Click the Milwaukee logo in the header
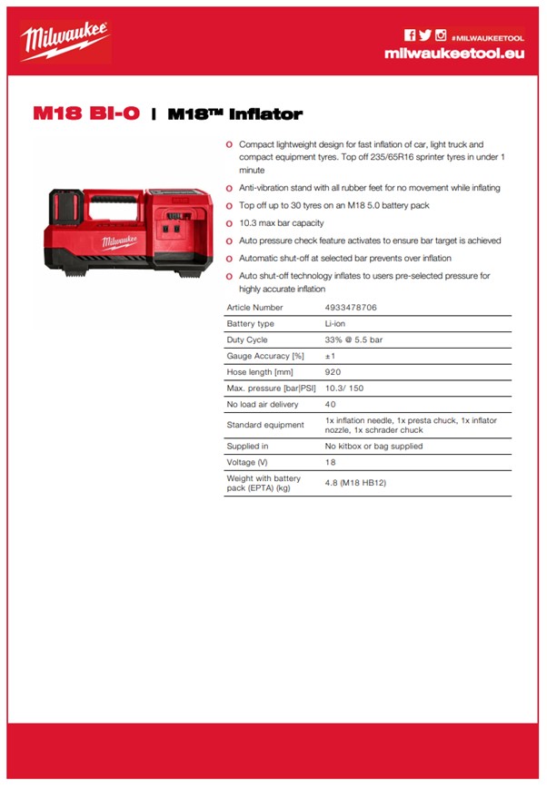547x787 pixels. pyautogui.click(x=65, y=41)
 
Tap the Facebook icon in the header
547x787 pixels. pyautogui.click(x=410, y=35)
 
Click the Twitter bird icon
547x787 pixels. pyautogui.click(x=424, y=35)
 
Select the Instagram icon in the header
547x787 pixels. pyautogui.click(x=441, y=35)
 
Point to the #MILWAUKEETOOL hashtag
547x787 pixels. pyautogui.click(x=488, y=36)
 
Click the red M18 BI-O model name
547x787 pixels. pyautogui.click(x=86, y=114)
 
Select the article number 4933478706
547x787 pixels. pyautogui.click(x=351, y=308)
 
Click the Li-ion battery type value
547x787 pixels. pyautogui.click(x=334, y=323)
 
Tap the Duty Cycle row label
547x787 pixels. pyautogui.click(x=247, y=339)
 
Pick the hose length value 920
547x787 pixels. pyautogui.click(x=333, y=372)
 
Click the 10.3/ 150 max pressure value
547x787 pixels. pyautogui.click(x=343, y=389)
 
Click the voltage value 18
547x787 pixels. pyautogui.click(x=330, y=462)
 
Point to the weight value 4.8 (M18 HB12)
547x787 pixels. pyautogui.click(x=355, y=482)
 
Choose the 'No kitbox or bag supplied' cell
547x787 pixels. pyautogui.click(x=373, y=446)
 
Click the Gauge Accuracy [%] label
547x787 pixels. pyautogui.click(x=264, y=356)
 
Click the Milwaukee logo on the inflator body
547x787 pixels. pyautogui.click(x=118, y=241)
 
